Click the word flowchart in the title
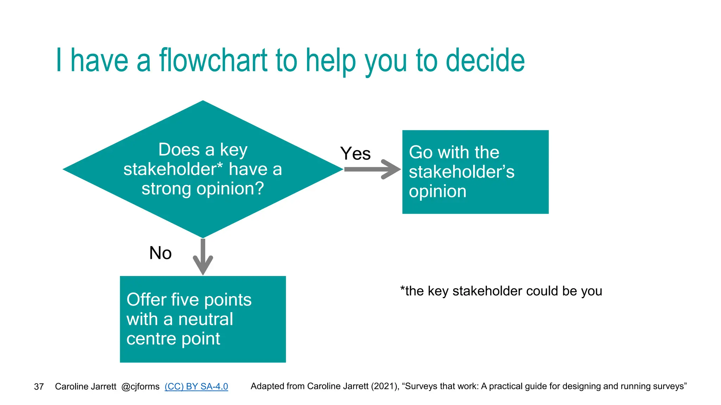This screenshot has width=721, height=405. coord(213,60)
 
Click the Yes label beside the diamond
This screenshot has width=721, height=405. coord(355,154)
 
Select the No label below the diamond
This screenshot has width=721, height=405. coord(160,253)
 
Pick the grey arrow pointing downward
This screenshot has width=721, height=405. coord(203,257)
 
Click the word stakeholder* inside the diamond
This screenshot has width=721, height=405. coord(173,169)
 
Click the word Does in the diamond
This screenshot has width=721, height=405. coord(179,150)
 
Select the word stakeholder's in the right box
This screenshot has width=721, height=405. coord(461,172)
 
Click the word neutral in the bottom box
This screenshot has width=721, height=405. coord(206,320)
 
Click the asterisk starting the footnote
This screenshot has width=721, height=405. coord(402,289)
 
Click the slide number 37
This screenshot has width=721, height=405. coord(39,387)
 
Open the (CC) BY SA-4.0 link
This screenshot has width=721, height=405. coord(196,386)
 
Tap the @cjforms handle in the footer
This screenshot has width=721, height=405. coord(140,386)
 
